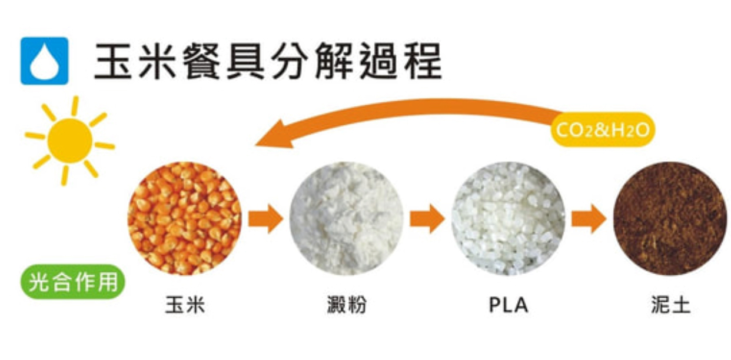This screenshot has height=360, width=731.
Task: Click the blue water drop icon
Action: pos(44,61)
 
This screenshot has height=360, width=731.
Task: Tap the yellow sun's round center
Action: pos(69,141)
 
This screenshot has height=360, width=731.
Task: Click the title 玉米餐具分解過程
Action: pos(268,61)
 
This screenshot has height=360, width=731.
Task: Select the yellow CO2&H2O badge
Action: pos(603,129)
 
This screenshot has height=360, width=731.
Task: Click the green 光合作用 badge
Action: pos(73,282)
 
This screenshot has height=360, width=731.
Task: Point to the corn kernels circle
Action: pos(184,218)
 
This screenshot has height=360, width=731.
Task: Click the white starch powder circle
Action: pos(347,218)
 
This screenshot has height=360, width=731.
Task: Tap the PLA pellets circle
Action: pos(508,218)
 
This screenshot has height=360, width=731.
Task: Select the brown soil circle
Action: pos(670,218)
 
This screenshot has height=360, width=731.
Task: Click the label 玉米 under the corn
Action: pos(185,305)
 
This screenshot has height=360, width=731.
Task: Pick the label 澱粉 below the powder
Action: pos(347,305)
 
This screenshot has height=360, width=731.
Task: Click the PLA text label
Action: pos(509,305)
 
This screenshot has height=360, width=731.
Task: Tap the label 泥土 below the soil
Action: pos(670,305)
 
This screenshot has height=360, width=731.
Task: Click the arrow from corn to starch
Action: pos(265,218)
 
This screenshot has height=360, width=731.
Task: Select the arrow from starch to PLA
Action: pos(427,218)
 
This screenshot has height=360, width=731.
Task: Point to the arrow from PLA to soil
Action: pos(589,218)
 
